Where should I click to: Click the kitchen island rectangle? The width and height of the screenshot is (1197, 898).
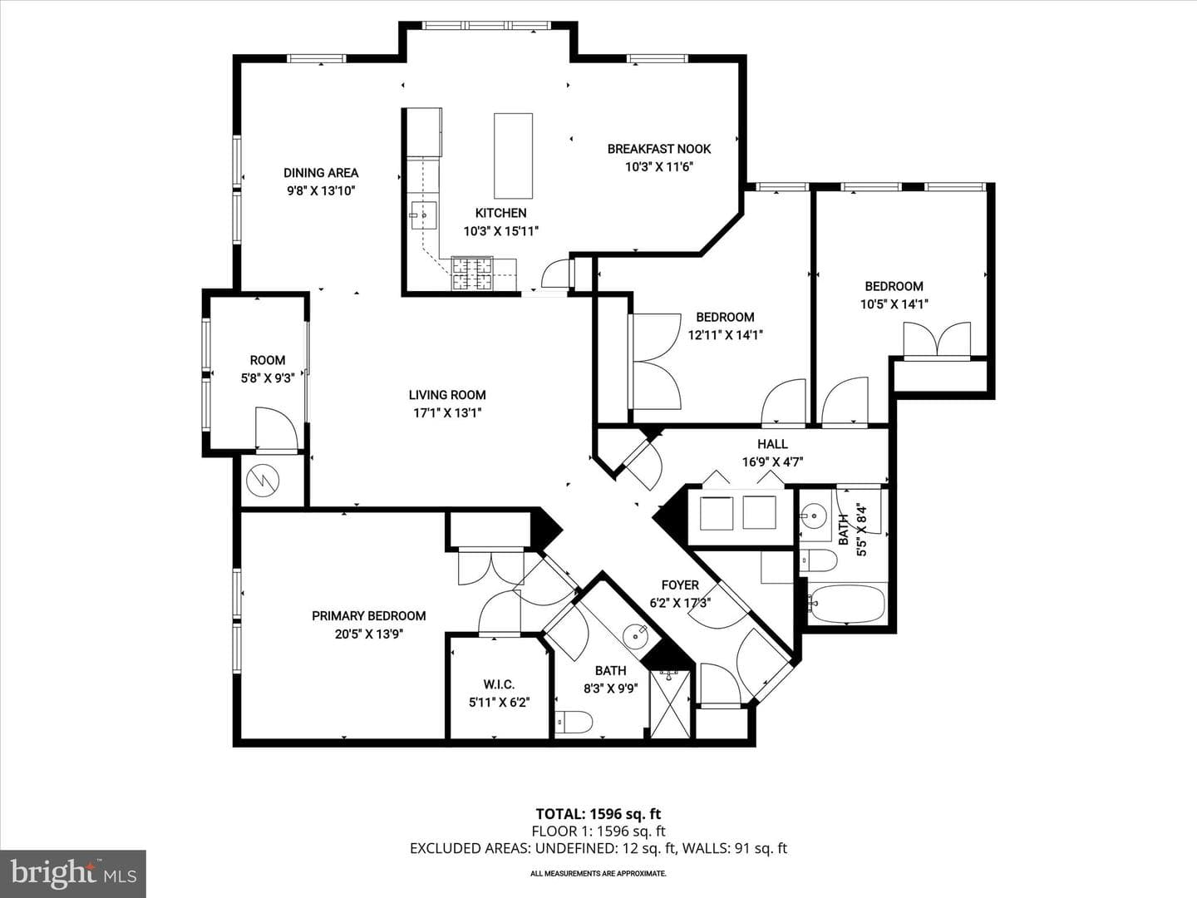pyautogui.click(x=513, y=156)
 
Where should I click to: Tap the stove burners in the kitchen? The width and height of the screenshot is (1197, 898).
pyautogui.click(x=471, y=274)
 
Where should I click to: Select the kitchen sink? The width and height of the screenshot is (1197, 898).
pyautogui.click(x=424, y=216)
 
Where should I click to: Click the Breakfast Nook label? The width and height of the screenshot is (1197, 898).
pyautogui.click(x=658, y=149)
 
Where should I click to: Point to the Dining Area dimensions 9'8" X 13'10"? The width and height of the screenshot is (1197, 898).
pyautogui.click(x=321, y=191)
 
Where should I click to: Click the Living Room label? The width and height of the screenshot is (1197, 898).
pyautogui.click(x=447, y=395)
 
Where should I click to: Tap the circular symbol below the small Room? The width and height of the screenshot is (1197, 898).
pyautogui.click(x=263, y=481)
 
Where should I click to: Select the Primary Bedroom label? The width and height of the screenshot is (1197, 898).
pyautogui.click(x=368, y=616)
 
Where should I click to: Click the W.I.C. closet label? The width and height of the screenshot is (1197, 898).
pyautogui.click(x=499, y=684)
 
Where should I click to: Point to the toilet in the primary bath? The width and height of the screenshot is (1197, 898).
pyautogui.click(x=574, y=723)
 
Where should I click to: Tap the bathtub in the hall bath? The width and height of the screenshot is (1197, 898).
pyautogui.click(x=846, y=604)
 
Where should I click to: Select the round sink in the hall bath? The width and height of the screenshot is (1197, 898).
pyautogui.click(x=815, y=514)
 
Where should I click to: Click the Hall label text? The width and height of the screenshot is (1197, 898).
pyautogui.click(x=772, y=444)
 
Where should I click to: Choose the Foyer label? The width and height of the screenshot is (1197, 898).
pyautogui.click(x=680, y=585)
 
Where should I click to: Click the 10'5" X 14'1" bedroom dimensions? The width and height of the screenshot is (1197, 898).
pyautogui.click(x=894, y=304)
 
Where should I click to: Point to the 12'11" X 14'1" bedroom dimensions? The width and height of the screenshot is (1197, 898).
pyautogui.click(x=726, y=335)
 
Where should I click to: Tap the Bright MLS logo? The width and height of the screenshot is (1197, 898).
pyautogui.click(x=73, y=873)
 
